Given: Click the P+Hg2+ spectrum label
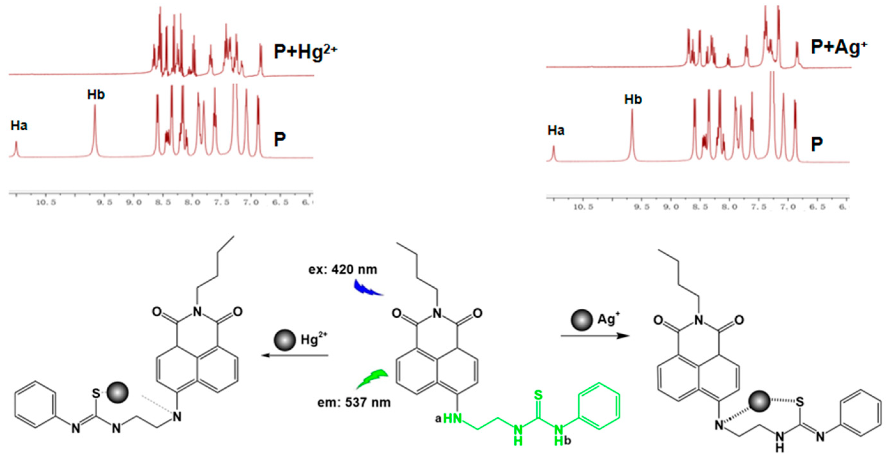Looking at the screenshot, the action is (x=305, y=52).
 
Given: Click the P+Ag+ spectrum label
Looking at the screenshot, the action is (x=838, y=47).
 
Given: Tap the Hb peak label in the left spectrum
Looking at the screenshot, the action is (x=96, y=95).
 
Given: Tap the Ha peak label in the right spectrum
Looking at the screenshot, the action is (x=556, y=130).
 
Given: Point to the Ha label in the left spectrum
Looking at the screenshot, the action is (x=19, y=126).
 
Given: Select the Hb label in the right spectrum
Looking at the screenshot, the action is (x=633, y=99).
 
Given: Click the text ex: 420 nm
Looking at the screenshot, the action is (x=343, y=269).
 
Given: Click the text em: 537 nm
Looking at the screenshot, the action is (x=354, y=402).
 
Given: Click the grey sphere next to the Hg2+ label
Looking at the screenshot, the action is (x=284, y=340).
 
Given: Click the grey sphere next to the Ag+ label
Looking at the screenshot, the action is (x=582, y=320).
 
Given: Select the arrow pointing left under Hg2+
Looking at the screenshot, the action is (x=295, y=355).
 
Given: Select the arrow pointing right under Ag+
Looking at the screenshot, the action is (x=595, y=336).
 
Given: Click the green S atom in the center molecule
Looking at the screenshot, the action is (x=538, y=395).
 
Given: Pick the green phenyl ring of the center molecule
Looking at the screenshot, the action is (x=599, y=406).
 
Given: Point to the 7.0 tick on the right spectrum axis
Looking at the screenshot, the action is (x=788, y=207).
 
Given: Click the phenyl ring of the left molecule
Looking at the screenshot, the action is (x=35, y=405).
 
